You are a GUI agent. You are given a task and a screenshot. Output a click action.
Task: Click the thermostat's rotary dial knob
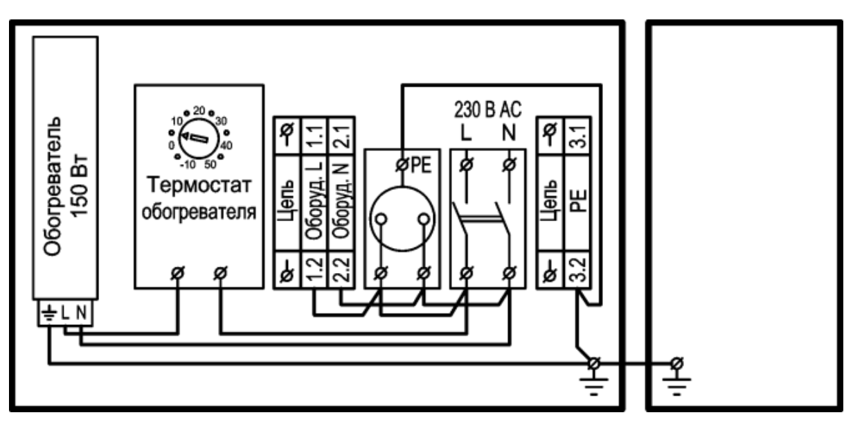199,139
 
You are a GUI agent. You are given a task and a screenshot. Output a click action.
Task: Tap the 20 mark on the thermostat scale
199,110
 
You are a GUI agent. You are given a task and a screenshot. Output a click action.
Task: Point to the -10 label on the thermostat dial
188,165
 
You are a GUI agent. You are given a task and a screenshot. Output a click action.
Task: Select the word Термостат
199,185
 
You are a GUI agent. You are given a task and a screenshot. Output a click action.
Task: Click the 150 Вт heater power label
80,186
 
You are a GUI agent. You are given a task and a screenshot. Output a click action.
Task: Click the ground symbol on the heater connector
49,313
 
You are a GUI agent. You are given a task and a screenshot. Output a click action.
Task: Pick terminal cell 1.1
314,136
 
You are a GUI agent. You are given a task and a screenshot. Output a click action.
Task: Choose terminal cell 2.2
341,270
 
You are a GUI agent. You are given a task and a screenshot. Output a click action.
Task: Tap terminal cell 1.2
314,270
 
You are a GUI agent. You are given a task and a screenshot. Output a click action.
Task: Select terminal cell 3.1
577,136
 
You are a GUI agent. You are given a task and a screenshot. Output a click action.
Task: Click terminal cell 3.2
577,270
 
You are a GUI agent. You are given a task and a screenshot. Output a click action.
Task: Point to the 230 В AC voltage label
487,109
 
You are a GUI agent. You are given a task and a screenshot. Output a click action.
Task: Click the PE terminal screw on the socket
402,165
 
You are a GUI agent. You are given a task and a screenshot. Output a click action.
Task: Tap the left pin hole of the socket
381,219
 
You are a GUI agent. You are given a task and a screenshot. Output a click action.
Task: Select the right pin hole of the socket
424,219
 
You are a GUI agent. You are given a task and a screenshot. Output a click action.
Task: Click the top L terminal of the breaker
467,165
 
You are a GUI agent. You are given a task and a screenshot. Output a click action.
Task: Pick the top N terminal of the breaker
510,165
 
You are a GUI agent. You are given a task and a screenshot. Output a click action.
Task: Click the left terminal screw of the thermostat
177,273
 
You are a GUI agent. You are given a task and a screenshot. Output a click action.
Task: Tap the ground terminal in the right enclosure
676,364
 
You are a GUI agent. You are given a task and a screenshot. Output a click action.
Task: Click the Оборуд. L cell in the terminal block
314,203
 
